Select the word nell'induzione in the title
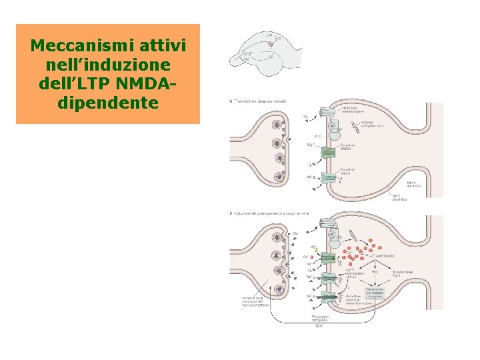[x=107, y=65]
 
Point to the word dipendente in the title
[x=108, y=103]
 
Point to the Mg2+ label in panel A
[x=311, y=143]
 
